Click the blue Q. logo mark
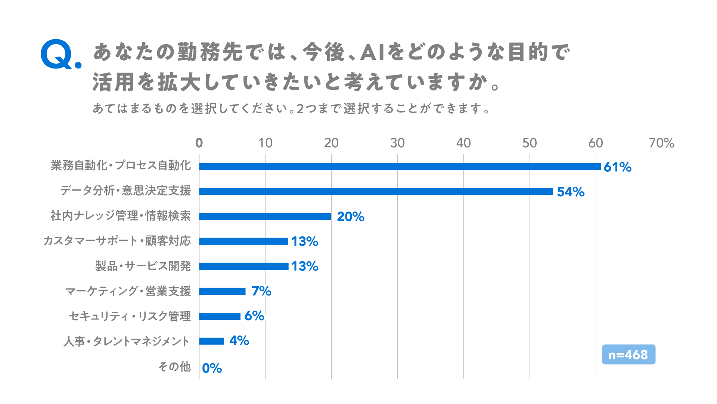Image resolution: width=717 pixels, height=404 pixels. coord(61,55)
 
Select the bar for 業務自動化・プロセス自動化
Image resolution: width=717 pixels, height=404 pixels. coord(400,166)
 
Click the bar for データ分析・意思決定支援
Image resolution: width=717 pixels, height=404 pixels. coord(376,192)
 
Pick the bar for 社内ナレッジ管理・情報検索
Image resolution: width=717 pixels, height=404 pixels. coord(265,216)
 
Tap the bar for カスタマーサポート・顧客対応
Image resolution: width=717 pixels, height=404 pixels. coord(243,241)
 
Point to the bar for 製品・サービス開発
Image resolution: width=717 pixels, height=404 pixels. coord(244,266)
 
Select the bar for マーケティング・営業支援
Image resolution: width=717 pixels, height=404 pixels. coord(222,291)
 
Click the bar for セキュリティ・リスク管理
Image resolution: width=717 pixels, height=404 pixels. coord(220,316)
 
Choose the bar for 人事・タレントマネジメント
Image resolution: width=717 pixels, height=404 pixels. coord(211,341)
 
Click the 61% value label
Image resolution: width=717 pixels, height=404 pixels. coord(618,167)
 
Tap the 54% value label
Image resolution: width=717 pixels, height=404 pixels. coord(571,192)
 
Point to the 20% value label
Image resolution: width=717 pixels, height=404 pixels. coord(351,217)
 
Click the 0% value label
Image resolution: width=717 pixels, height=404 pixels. coord(212,368)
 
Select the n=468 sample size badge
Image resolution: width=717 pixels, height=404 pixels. coord(628,354)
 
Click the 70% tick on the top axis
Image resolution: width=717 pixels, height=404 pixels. coord(662,143)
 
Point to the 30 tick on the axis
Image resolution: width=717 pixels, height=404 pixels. coord(397,143)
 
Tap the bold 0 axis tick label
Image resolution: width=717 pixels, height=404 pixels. coord(199,143)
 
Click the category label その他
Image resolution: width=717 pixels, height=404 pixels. coord(174,367)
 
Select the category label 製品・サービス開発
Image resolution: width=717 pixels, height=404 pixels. coord(143,266)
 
